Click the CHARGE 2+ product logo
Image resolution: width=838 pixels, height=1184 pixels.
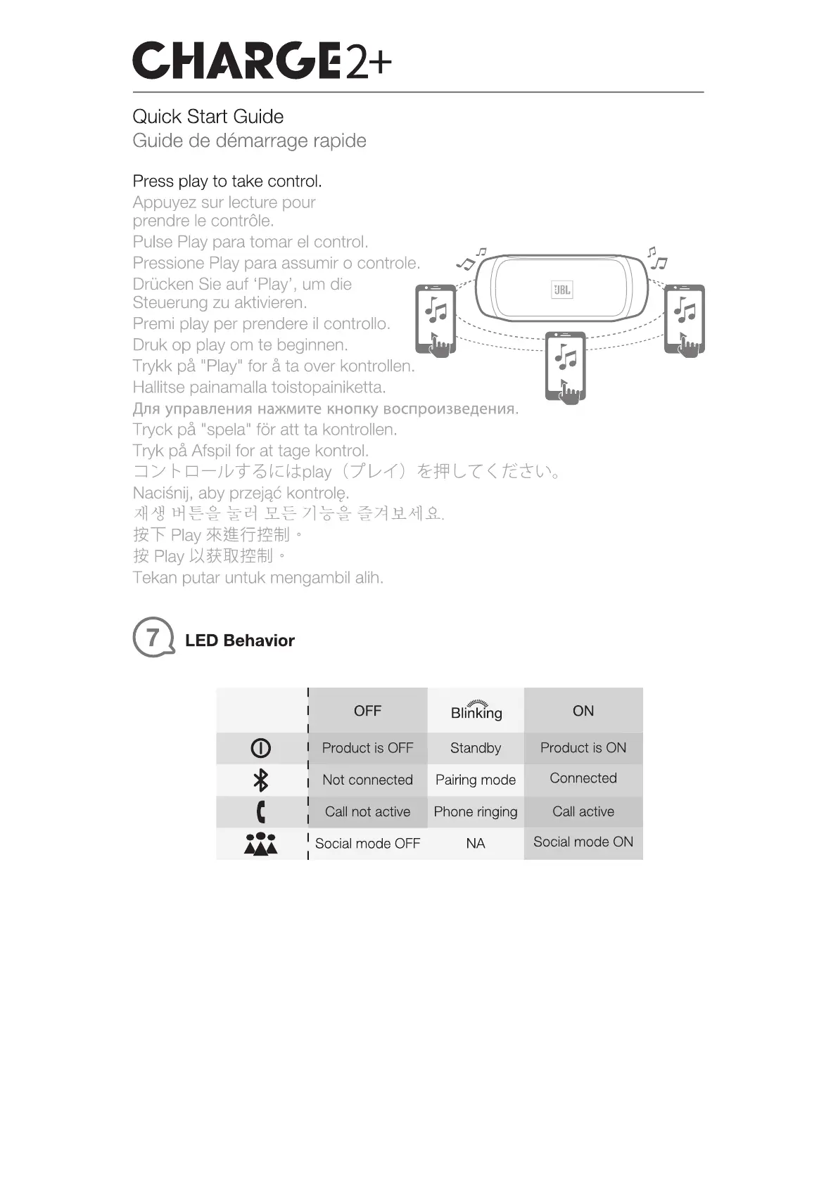pos(262,61)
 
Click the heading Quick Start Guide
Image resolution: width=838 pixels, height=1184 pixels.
pos(208,117)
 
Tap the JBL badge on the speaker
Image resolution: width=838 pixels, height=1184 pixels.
pos(561,290)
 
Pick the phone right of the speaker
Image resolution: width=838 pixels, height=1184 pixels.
pos(685,320)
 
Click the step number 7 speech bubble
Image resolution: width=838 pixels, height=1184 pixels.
pos(153,637)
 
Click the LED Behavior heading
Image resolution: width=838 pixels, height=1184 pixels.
pos(239,641)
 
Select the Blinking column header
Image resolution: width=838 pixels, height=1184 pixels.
pos(476,711)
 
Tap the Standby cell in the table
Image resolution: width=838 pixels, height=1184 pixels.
pos(476,748)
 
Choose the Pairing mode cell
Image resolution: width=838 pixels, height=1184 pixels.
pos(476,780)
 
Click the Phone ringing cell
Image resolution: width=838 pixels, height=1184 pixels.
pos(476,811)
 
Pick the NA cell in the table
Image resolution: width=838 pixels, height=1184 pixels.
pos(476,843)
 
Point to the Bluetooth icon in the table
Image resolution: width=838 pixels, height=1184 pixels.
pos(261,780)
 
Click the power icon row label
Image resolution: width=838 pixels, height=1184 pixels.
pos(261,748)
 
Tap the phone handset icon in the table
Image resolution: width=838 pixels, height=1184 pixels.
pos(261,811)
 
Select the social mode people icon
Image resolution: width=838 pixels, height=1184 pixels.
pos(261,843)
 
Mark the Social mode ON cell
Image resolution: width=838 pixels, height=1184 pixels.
pos(583,842)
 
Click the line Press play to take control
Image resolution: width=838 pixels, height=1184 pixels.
pos(227,181)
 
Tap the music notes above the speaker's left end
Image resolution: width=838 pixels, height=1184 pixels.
pos(470,259)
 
